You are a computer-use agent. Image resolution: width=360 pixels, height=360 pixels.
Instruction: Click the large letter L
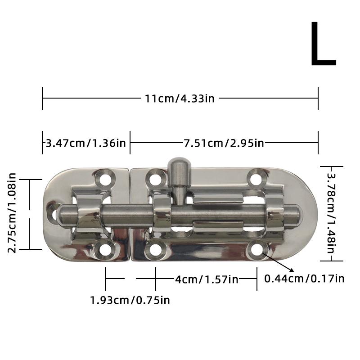[323, 45]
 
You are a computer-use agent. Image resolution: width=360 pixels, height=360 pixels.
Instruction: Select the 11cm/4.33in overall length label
[180, 99]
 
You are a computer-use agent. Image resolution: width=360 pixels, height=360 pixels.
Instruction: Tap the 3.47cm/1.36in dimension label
[85, 143]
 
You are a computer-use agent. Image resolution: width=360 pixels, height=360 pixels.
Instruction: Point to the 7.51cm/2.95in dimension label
[224, 143]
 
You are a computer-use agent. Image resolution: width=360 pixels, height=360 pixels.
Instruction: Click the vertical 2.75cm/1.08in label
[12, 213]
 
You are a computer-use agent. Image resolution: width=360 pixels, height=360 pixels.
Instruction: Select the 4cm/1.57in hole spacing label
[207, 279]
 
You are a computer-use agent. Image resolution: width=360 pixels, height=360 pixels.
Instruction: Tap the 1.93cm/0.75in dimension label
[130, 300]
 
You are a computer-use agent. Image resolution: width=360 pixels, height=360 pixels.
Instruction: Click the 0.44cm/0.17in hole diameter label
[304, 279]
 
